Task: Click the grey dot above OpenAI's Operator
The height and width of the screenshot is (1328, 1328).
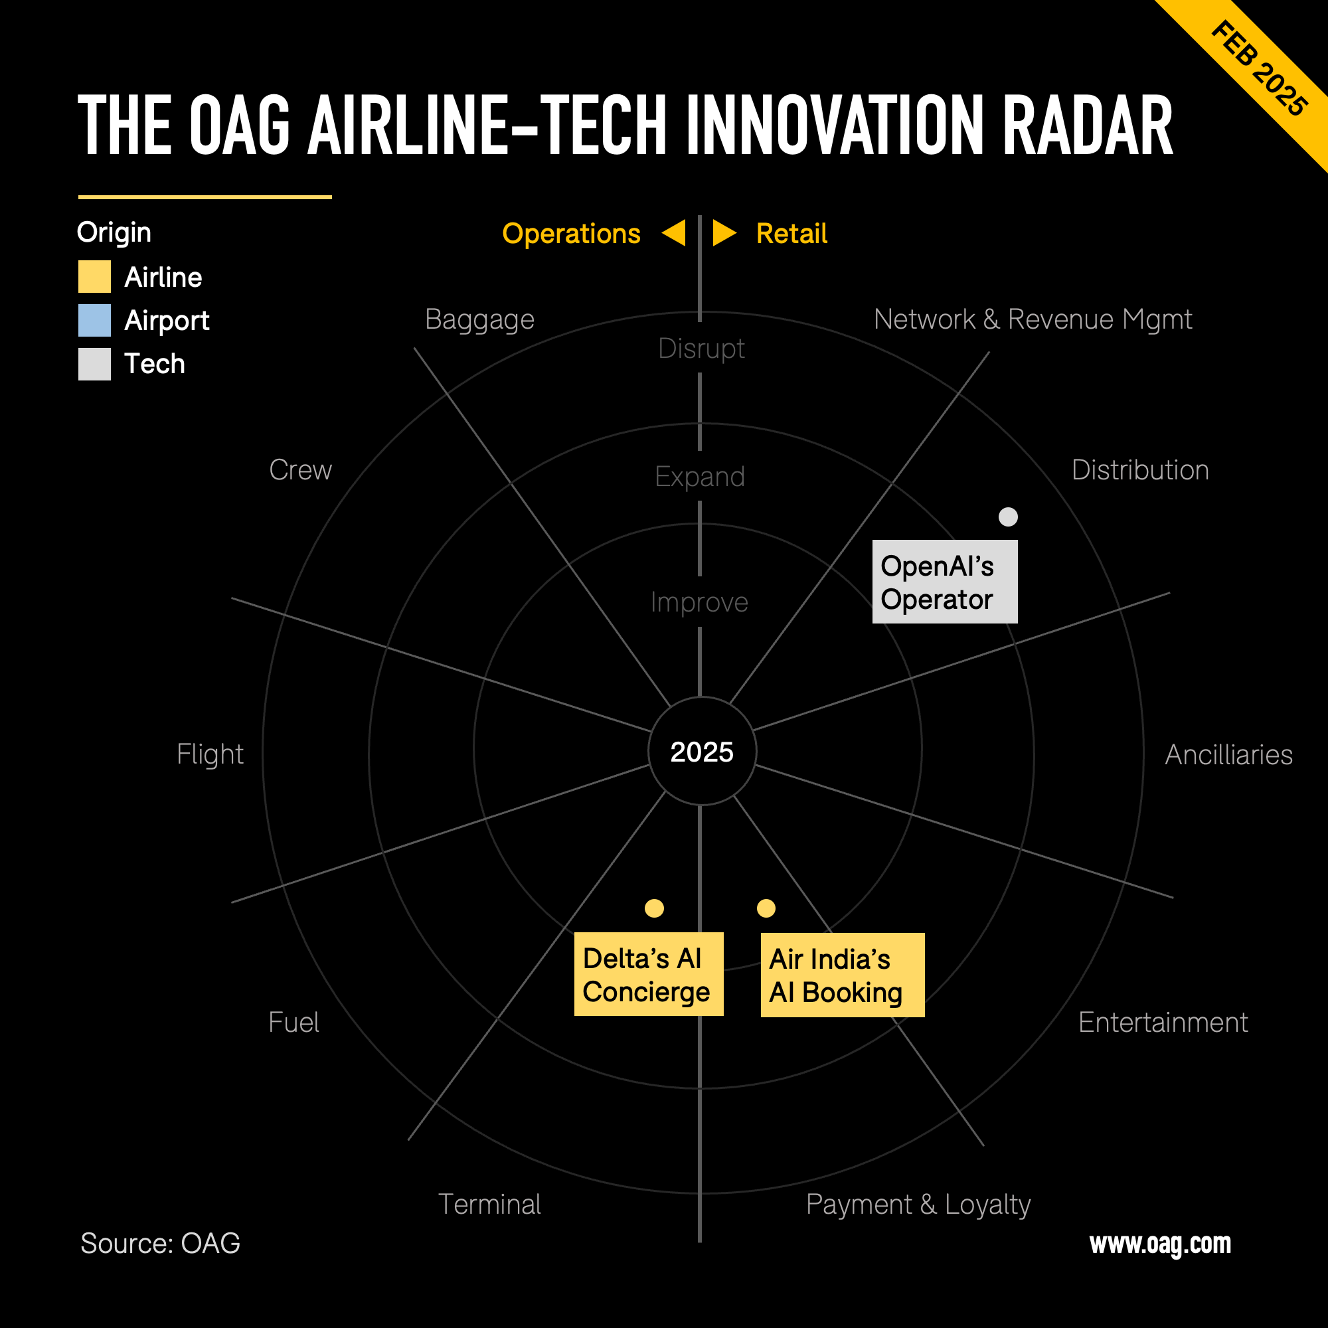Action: click(1008, 517)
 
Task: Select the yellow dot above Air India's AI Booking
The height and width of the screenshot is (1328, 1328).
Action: click(766, 908)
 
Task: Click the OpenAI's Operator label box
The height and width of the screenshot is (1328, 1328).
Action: click(944, 582)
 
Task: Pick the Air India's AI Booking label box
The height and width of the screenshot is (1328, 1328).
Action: click(843, 975)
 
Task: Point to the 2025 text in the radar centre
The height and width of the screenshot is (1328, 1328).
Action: click(702, 752)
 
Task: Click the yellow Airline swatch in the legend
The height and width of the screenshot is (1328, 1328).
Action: click(94, 277)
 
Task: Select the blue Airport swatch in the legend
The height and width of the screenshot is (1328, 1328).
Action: click(94, 320)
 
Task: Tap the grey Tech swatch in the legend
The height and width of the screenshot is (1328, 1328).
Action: click(94, 364)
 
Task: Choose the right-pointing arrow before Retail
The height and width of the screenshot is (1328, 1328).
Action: click(724, 233)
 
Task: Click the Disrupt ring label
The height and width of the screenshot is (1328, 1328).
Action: click(701, 349)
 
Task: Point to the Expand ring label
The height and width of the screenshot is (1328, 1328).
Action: click(700, 477)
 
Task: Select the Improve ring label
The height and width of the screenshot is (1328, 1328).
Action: click(699, 602)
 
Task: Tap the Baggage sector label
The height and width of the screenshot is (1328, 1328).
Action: click(480, 319)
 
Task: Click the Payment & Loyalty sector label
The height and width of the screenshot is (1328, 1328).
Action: click(918, 1204)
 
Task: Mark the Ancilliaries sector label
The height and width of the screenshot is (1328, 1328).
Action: click(1229, 755)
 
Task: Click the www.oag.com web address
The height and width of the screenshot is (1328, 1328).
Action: click(1160, 1244)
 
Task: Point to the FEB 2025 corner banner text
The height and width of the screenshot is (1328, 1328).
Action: click(1259, 69)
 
